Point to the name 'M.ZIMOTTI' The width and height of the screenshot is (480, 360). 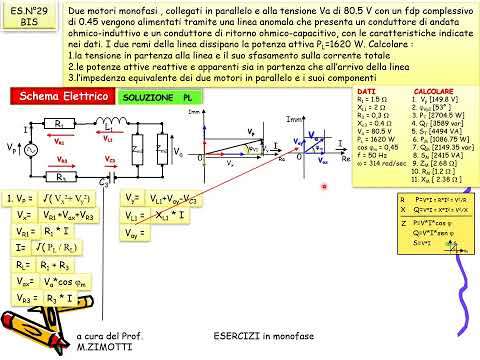point(102,351)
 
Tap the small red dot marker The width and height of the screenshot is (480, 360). point(323,185)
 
